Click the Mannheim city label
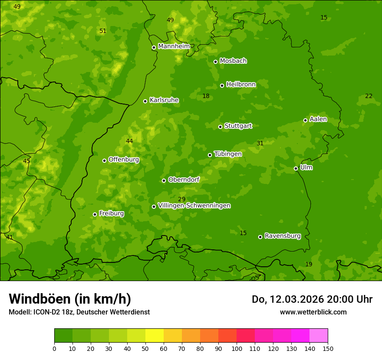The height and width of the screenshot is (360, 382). [x=174, y=46]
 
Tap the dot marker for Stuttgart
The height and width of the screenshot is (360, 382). [x=220, y=127]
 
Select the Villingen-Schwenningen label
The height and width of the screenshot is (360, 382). [x=194, y=206]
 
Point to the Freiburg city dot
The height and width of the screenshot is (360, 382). [x=95, y=214]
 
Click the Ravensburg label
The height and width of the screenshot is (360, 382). [x=282, y=236]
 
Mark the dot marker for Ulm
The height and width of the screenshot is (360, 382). [x=296, y=168]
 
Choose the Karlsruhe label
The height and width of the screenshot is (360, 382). [x=164, y=100]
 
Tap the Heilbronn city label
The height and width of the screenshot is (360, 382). [x=241, y=85]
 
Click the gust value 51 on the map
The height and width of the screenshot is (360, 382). [x=103, y=31]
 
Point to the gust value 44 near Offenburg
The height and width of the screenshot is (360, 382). [x=129, y=141]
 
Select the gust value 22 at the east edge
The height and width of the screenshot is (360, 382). [x=369, y=96]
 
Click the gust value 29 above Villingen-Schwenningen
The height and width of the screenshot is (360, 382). [x=182, y=199]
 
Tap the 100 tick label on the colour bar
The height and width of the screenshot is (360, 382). [x=237, y=348]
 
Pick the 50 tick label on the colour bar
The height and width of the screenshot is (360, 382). [x=145, y=348]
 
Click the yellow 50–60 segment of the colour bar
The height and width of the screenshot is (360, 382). [x=155, y=336]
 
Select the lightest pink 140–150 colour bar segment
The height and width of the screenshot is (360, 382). [x=319, y=336]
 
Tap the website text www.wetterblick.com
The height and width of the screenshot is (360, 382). [x=313, y=312]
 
